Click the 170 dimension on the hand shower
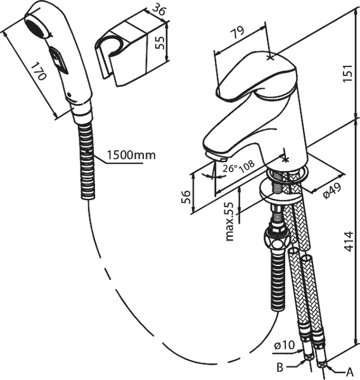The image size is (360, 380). [x=39, y=71]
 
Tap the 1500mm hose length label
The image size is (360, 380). [x=131, y=155]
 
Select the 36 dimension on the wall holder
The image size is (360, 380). [x=159, y=9]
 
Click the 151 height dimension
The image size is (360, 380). [x=348, y=73]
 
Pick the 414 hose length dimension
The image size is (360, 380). [x=349, y=241]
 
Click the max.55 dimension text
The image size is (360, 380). [x=229, y=222]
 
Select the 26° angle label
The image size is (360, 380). [x=230, y=168]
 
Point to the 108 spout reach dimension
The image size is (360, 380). [x=247, y=166]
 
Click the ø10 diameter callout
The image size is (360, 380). [x=285, y=345]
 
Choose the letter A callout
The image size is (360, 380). [x=349, y=372]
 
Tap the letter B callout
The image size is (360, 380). [x=280, y=367]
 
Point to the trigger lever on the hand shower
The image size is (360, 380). [x=58, y=60]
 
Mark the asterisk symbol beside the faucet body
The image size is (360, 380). [x=286, y=159]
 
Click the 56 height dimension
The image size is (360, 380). [x=186, y=197]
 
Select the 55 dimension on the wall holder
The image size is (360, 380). [x=160, y=42]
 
